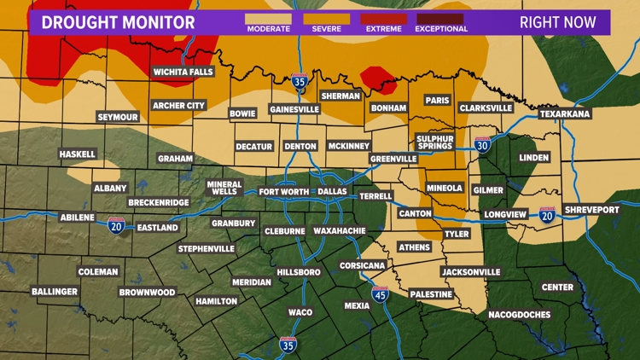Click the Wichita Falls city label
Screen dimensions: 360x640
(183, 72)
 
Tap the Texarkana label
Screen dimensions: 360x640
(565, 113)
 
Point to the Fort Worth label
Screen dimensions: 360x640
(283, 192)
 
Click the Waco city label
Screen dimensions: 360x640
(300, 312)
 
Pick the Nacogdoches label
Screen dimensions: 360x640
(520, 314)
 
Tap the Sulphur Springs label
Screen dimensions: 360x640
(435, 142)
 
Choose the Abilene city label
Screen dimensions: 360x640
(77, 218)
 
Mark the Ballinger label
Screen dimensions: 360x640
(55, 291)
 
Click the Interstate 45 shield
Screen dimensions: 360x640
(381, 295)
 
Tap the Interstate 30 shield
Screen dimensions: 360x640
(483, 145)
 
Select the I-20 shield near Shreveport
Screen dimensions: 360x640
(547, 214)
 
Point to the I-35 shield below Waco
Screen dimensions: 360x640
(288, 345)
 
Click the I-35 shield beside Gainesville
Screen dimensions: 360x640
(300, 84)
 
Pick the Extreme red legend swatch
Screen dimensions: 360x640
(383, 18)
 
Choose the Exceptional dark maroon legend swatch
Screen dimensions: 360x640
(440, 18)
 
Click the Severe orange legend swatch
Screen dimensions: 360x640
(326, 18)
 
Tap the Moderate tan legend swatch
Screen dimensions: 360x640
(269, 18)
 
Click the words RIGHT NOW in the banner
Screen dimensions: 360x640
(558, 22)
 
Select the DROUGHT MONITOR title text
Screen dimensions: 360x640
(118, 22)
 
